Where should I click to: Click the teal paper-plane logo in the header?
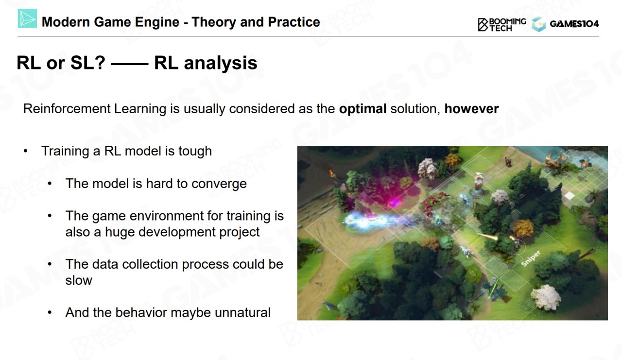pos(27,18)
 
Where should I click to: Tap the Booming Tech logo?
pos(502,25)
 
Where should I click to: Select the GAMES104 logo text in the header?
pos(574,24)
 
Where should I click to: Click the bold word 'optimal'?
pos(363,109)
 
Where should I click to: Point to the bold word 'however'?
pos(471,108)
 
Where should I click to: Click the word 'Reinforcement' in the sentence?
pos(67,108)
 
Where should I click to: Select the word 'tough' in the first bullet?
pos(195,152)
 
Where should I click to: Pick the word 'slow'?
pos(79,280)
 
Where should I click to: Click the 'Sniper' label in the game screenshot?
pos(531,258)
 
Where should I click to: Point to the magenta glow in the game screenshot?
pos(392,194)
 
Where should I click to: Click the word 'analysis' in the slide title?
pos(221,63)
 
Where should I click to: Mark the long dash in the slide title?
pos(129,64)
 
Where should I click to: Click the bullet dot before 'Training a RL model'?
pos(26,151)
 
